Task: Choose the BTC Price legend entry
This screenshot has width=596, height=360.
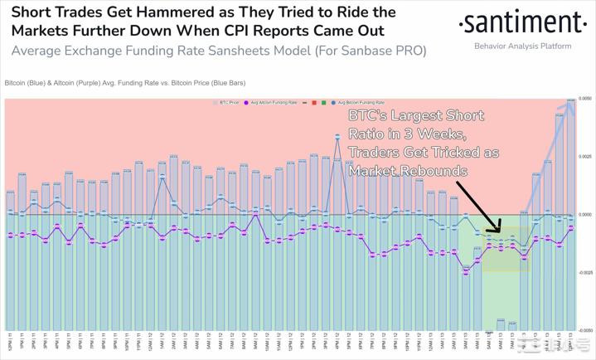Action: (x=227, y=102)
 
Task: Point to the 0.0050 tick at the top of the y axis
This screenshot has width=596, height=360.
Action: (x=584, y=100)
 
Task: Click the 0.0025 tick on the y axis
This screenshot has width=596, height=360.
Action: (x=584, y=157)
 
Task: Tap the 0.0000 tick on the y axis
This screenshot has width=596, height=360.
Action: (x=584, y=215)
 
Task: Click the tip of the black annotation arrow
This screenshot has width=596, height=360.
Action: (x=501, y=231)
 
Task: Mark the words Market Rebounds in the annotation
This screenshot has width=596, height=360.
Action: (x=408, y=171)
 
